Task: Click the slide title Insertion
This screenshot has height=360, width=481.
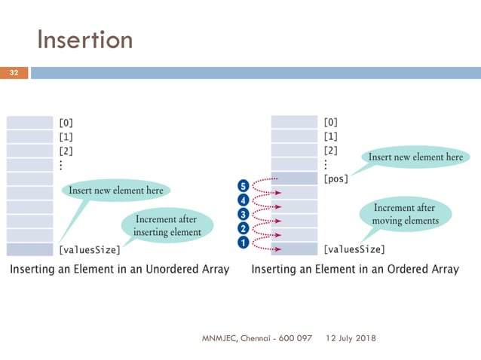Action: (x=84, y=39)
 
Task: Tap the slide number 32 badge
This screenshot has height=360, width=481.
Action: (x=14, y=73)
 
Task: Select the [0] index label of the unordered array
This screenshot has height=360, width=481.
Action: (x=66, y=122)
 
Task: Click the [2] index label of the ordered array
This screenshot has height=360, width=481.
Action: (x=330, y=151)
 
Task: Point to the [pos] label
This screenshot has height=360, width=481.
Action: (x=335, y=179)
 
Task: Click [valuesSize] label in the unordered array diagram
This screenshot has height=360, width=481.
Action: (x=90, y=249)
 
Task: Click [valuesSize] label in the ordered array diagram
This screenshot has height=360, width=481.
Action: (x=354, y=249)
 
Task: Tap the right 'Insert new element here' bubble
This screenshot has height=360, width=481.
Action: (x=415, y=157)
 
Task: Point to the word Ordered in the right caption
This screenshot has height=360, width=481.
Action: (x=394, y=269)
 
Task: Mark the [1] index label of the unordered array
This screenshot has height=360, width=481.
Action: (x=66, y=136)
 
